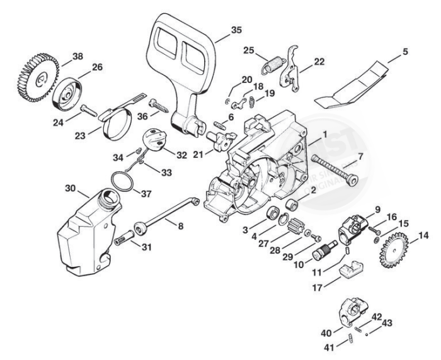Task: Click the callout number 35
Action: click(x=219, y=30)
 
